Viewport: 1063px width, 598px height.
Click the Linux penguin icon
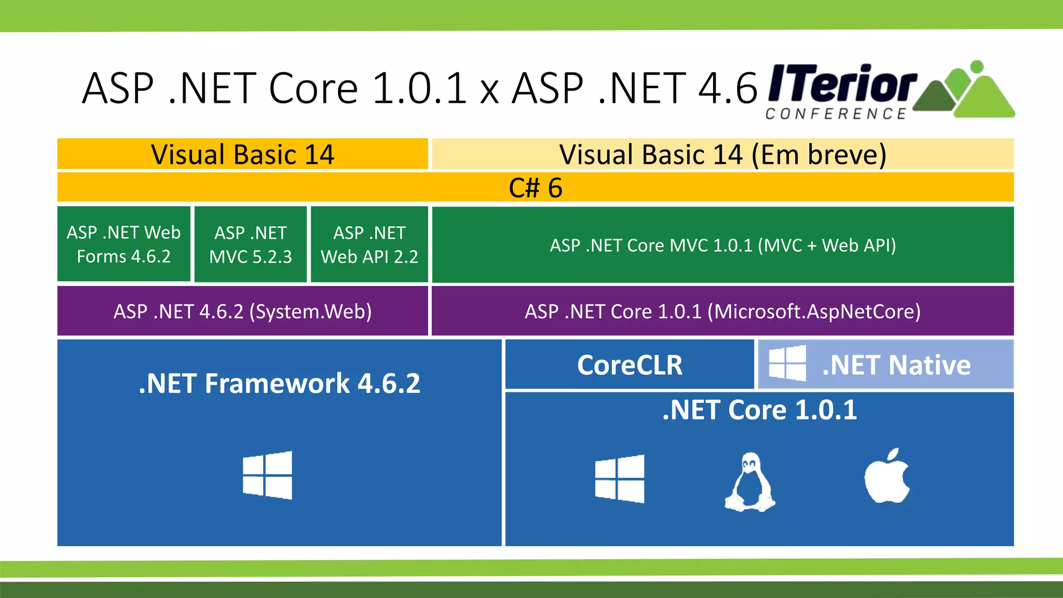pos(750,482)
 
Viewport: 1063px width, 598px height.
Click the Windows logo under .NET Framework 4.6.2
pos(267,475)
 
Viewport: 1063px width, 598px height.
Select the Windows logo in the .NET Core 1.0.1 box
pos(620,479)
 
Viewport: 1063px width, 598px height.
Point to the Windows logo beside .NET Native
pos(787,363)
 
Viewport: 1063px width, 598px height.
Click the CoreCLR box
pos(630,364)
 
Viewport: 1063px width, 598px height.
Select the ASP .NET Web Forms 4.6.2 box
pos(124,244)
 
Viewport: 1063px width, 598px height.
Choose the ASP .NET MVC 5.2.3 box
pos(251,244)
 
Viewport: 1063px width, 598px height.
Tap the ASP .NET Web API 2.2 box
pos(369,244)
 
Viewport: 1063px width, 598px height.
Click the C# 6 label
pos(535,187)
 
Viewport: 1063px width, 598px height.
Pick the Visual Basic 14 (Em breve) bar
pos(723,154)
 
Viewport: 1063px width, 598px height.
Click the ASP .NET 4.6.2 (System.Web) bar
pos(242,311)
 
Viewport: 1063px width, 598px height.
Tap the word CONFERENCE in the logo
pos(836,114)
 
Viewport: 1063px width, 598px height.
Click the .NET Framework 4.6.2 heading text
pos(279,384)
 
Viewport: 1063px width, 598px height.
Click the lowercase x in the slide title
pos(489,92)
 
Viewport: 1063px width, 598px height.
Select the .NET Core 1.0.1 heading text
pos(759,410)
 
